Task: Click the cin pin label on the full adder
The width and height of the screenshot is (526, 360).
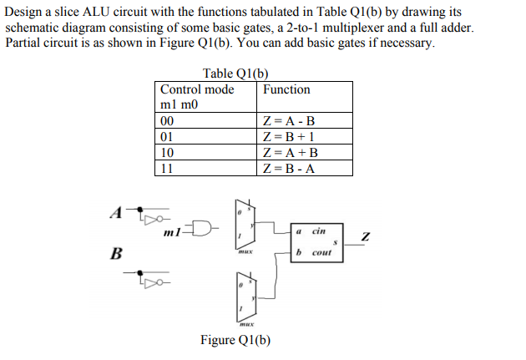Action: click(319, 230)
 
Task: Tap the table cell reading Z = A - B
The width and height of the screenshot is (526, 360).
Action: click(289, 121)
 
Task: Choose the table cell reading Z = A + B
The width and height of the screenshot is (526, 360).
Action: click(290, 153)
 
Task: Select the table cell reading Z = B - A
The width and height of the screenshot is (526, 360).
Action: click(289, 168)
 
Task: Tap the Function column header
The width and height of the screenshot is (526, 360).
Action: click(286, 89)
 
